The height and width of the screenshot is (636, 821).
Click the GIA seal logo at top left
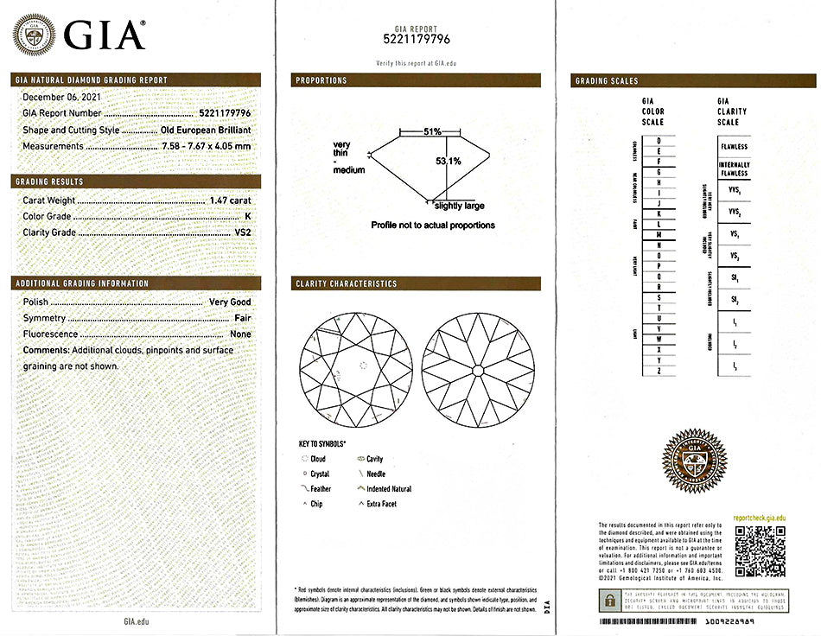tap(34, 35)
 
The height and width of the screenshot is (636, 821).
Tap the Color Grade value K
tap(248, 216)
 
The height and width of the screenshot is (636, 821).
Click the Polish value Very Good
tap(230, 302)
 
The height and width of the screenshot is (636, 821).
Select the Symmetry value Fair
tap(242, 319)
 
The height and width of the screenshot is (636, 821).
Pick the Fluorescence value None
tap(240, 334)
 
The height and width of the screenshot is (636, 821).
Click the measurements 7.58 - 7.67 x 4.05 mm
tap(207, 146)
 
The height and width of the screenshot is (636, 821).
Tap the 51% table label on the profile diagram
tap(432, 131)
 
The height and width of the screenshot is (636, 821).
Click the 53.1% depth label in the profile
tap(448, 161)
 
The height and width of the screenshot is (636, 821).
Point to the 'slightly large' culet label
tap(460, 206)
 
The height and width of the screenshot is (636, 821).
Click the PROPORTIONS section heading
tap(321, 80)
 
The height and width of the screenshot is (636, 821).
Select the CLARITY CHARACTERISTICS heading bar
tap(347, 283)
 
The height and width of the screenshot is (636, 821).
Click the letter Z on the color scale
tap(659, 371)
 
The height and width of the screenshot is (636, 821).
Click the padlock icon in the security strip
tap(610, 600)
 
